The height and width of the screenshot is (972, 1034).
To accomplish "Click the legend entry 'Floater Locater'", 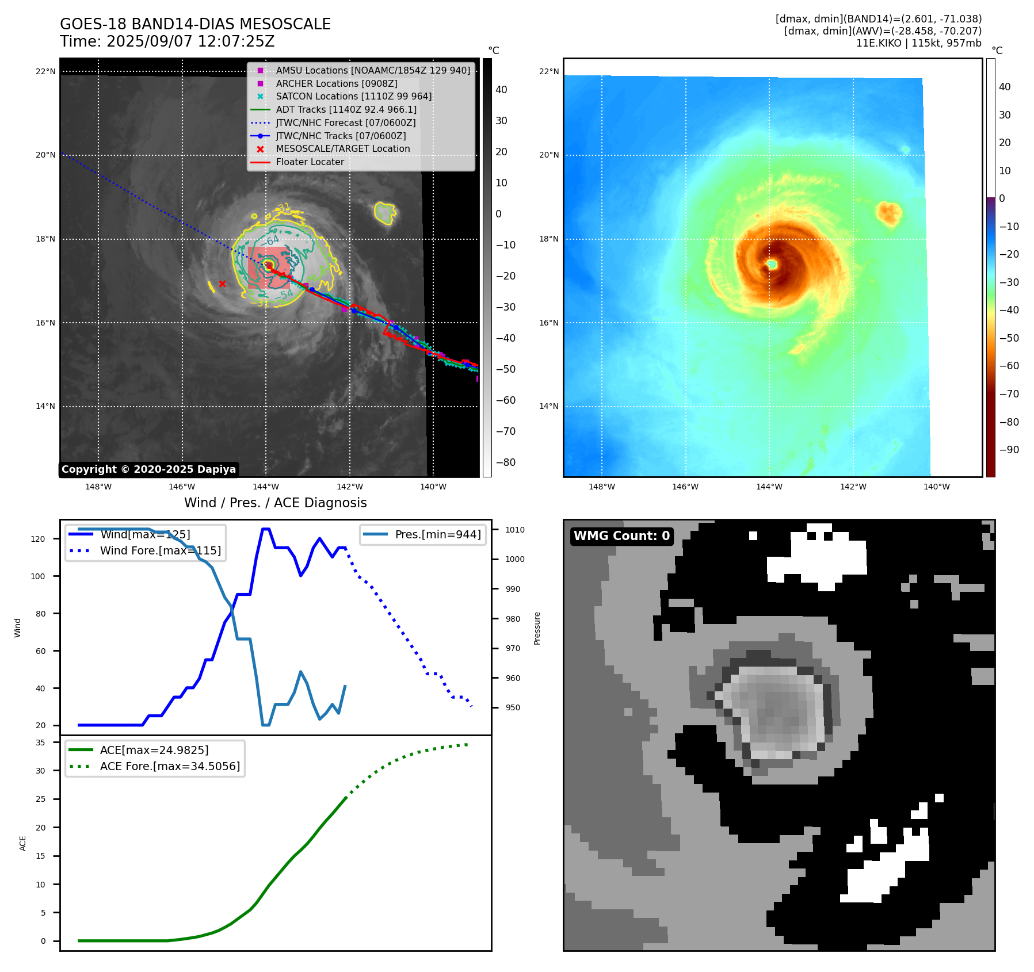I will click(310, 162).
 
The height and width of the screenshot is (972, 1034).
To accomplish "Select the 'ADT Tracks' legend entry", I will click(346, 109).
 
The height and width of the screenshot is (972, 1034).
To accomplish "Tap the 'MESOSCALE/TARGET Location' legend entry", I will click(342, 149).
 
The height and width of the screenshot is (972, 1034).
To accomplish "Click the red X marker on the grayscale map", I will click(222, 284).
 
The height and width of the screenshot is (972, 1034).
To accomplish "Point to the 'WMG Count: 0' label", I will click(621, 536).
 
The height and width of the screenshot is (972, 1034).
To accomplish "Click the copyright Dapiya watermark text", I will click(148, 469).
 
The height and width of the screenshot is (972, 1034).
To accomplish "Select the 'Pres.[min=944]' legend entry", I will click(437, 534).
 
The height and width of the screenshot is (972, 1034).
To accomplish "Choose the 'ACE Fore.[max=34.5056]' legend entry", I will click(170, 766).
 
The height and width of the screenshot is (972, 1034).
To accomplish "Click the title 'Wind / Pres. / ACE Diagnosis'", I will click(275, 503).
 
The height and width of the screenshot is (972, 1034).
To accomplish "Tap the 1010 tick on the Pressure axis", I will click(515, 530).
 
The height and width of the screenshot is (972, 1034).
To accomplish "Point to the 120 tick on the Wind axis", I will click(38, 539).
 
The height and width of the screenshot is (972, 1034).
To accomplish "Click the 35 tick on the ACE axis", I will click(40, 743).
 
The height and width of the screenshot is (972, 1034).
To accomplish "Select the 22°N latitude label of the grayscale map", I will click(45, 72).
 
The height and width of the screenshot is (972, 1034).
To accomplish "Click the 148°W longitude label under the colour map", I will click(602, 487).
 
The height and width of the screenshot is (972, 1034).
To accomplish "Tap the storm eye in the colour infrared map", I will click(772, 264).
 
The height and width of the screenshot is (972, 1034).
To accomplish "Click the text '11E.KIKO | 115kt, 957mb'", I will click(918, 43).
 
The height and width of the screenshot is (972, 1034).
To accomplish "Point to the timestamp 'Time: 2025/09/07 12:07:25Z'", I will click(167, 42).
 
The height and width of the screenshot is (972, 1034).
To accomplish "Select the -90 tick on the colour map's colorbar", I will click(1009, 450).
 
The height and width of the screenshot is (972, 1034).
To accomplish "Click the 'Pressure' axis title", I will click(537, 628).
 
